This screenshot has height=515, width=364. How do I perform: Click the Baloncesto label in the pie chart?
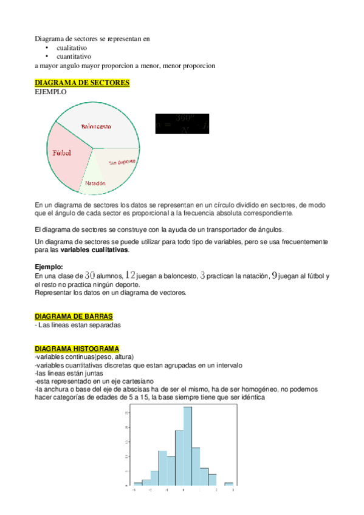pos(95,126)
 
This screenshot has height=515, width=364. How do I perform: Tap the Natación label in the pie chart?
pos(95,183)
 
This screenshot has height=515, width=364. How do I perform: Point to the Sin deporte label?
pos(122,162)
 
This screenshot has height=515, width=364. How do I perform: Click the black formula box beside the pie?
pos(182,123)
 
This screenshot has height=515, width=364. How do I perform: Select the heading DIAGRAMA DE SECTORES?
pos(82,83)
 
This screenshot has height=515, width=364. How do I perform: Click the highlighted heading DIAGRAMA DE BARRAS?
pos(74,316)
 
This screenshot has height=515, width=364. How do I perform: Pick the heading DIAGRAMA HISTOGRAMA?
pos(77,349)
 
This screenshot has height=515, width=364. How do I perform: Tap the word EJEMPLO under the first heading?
pos(50,92)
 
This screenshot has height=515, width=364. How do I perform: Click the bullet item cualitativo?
pos(72,47)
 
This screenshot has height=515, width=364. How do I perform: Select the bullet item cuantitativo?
pos(74,56)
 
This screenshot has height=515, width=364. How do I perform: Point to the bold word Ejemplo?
pos(49,267)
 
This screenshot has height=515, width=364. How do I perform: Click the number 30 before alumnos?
pos(90,276)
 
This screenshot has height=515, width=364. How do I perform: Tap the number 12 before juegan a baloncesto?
pos(130,276)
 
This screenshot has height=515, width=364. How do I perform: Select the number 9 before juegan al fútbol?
pos(275,276)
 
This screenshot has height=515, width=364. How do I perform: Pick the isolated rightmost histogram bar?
pos(228,483)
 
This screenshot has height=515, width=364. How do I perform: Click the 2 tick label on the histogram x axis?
pos(216,489)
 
